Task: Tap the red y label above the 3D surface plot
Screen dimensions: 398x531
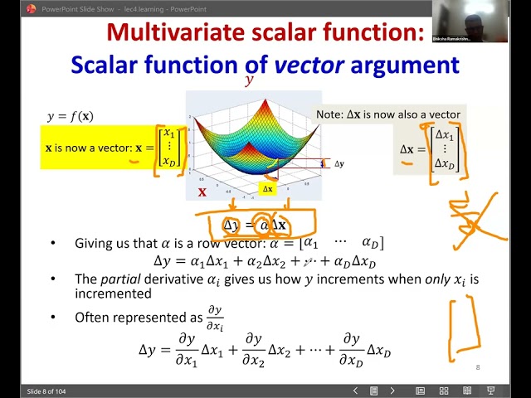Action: click(x=248, y=81)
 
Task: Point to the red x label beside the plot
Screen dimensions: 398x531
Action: click(x=202, y=192)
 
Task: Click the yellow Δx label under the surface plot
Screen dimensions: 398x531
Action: click(x=267, y=189)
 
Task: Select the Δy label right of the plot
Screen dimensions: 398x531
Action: click(x=339, y=164)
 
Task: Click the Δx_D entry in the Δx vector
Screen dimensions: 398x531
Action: click(x=446, y=164)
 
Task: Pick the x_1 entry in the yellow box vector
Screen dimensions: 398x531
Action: click(x=169, y=133)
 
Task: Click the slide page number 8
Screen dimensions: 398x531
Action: click(x=477, y=367)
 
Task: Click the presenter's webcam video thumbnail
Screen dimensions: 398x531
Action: click(x=481, y=22)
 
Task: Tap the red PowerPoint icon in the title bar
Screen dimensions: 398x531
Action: click(x=32, y=8)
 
